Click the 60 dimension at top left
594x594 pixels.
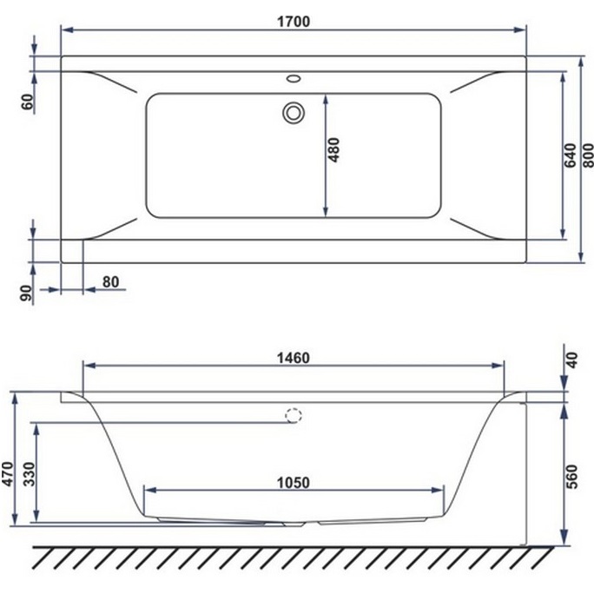pos(27,102)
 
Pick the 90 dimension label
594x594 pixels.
pos(27,294)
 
